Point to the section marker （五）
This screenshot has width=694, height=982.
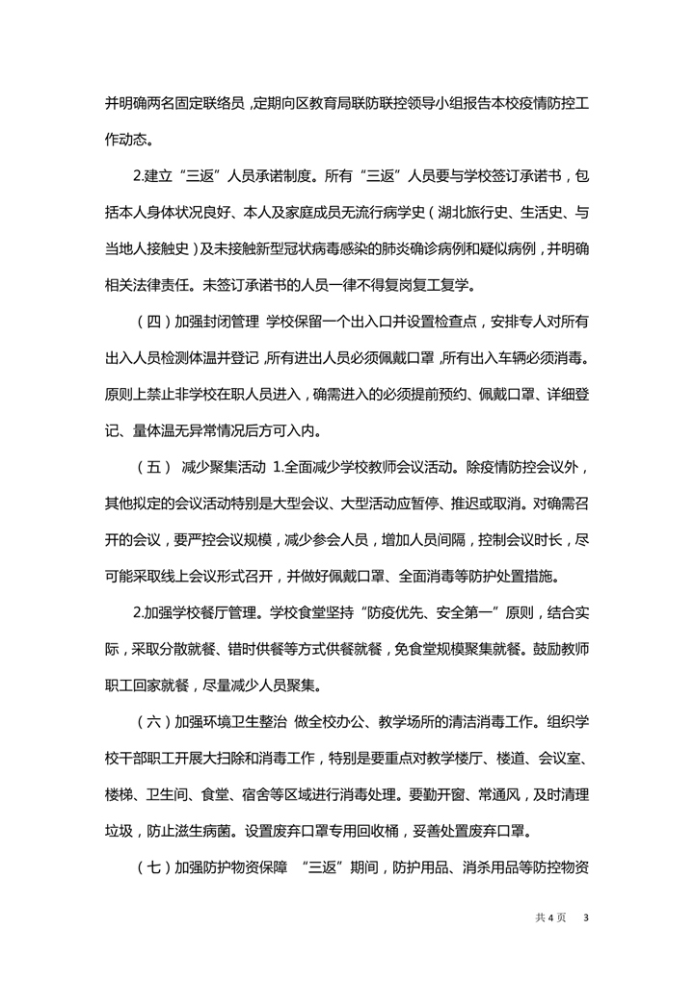[x=153, y=468]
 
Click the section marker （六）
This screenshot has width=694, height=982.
[x=153, y=719]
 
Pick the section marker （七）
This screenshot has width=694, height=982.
[x=153, y=864]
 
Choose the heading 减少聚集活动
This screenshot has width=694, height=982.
[x=224, y=468]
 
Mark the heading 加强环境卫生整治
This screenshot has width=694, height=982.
[x=235, y=719]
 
